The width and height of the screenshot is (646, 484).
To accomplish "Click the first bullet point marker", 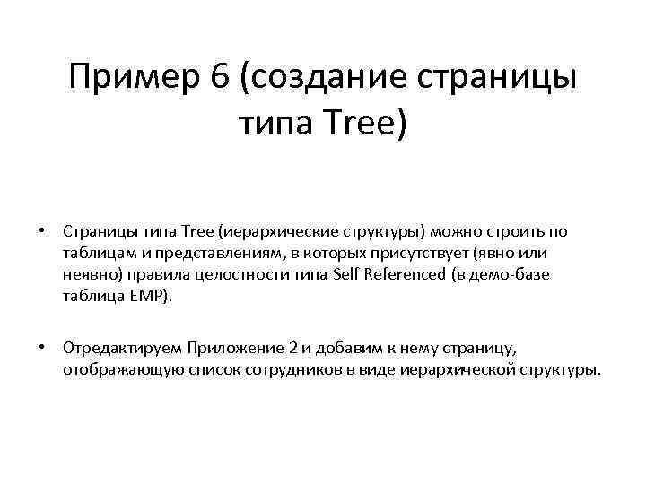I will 42,231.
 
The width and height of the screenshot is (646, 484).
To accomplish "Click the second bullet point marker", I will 42,347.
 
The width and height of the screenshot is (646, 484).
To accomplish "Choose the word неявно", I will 88,274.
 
